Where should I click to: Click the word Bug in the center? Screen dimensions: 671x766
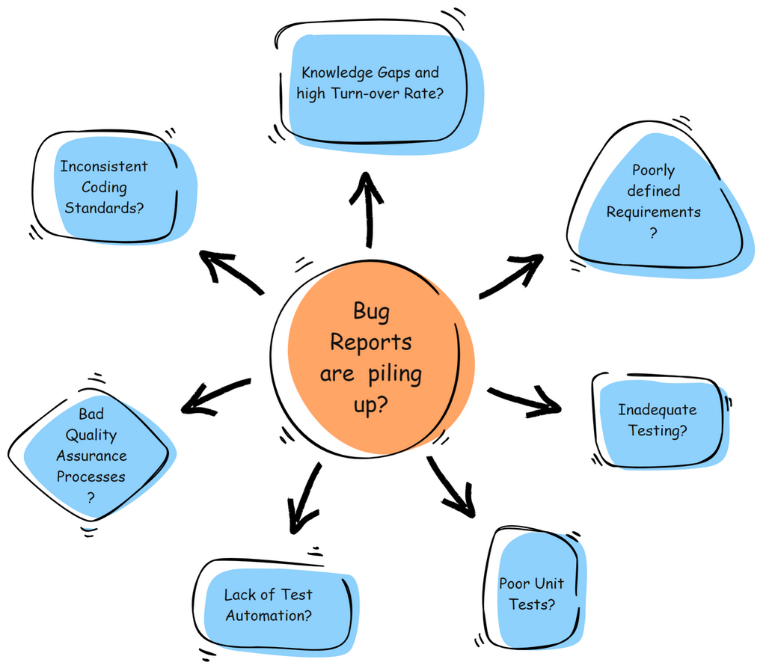coord(371,311)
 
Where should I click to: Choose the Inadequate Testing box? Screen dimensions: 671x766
coord(658,420)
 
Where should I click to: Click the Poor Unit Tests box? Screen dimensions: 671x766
coord(533,591)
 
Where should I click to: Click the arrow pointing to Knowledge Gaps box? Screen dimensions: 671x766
coord(367,209)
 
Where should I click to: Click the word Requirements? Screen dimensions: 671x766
coord(653,212)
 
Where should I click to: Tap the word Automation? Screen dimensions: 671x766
coord(269,616)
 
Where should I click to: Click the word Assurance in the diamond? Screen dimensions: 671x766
coord(91,456)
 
